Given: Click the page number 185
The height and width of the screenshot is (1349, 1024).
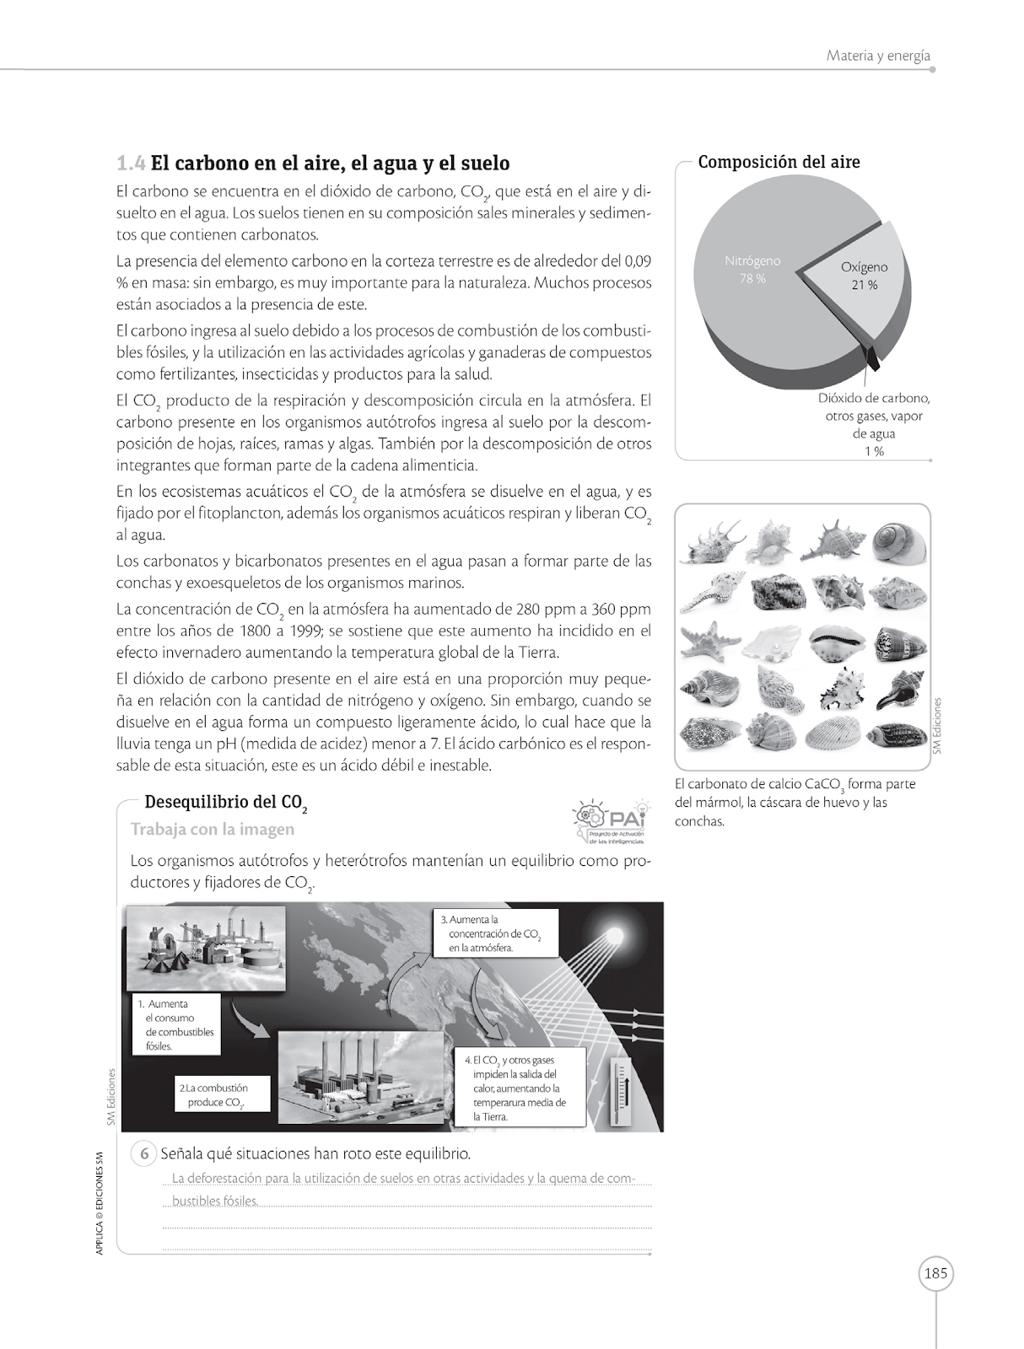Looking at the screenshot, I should [935, 1273].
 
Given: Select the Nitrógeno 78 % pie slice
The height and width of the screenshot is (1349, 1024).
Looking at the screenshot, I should [751, 278].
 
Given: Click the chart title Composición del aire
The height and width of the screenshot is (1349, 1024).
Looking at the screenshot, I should [779, 162].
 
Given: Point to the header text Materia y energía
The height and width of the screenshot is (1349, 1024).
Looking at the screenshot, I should [878, 56].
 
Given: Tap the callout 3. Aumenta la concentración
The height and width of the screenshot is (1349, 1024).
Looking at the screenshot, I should [496, 932].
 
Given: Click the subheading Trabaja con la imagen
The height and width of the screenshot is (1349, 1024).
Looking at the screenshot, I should [213, 829].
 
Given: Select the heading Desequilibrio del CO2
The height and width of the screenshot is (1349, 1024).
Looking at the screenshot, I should [224, 802].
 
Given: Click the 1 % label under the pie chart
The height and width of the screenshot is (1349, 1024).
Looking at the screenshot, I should [874, 451].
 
